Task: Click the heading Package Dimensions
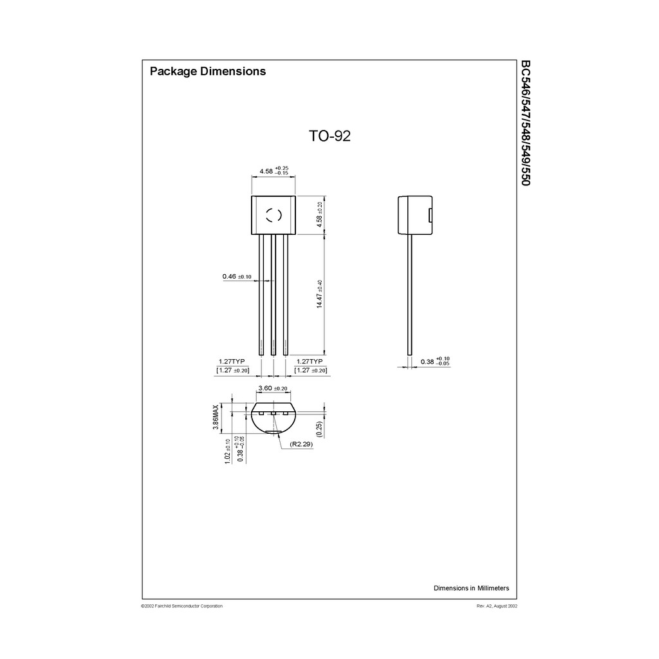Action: (207, 71)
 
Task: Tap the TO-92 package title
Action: (329, 136)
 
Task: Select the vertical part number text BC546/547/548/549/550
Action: (525, 123)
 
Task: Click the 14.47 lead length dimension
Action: (319, 294)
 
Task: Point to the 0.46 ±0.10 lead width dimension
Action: (236, 277)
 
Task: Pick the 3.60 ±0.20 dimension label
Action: (272, 389)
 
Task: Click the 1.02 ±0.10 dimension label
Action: (227, 452)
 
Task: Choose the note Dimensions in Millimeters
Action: (471, 588)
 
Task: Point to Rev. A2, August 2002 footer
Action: (497, 606)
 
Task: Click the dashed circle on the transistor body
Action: (274, 215)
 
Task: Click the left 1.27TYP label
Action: (232, 362)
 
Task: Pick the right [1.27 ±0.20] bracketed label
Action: (310, 371)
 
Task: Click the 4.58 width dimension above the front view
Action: (273, 171)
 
